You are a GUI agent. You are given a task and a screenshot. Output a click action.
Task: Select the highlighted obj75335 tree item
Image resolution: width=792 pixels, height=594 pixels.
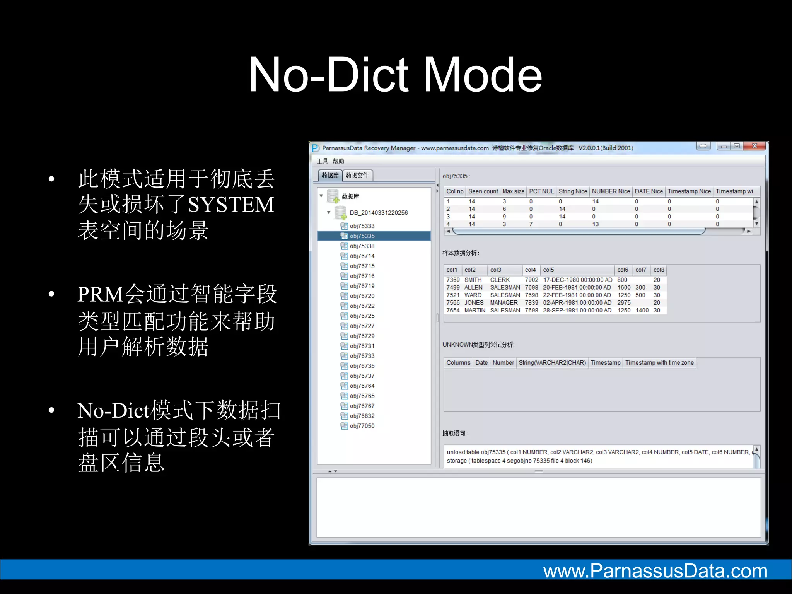pyautogui.click(x=362, y=236)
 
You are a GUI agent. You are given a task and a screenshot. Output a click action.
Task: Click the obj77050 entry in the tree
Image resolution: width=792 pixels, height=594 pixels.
pyautogui.click(x=362, y=426)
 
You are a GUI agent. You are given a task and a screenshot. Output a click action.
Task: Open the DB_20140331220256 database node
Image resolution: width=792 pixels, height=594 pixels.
pyautogui.click(x=378, y=213)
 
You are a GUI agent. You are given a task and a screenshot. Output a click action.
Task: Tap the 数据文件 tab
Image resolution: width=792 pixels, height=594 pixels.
pyautogui.click(x=357, y=176)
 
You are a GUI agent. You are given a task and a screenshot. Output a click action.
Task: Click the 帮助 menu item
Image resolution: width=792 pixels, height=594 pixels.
pyautogui.click(x=338, y=161)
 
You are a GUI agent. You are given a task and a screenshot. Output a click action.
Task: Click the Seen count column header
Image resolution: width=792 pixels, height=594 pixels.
pyautogui.click(x=483, y=191)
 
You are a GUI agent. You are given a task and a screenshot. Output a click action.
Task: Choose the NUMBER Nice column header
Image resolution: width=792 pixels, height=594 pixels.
pyautogui.click(x=611, y=191)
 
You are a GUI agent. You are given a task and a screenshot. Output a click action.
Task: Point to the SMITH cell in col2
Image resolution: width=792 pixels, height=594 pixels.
pyautogui.click(x=473, y=280)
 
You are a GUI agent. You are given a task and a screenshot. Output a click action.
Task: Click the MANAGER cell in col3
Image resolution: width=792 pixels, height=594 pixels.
pyautogui.click(x=504, y=302)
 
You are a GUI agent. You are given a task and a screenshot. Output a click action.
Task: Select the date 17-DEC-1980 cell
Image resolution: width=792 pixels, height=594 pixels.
pyautogui.click(x=577, y=280)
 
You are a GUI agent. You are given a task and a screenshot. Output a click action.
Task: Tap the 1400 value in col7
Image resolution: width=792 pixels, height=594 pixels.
pyautogui.click(x=642, y=310)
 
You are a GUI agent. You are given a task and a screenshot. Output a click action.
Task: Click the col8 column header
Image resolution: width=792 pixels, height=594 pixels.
pyautogui.click(x=659, y=270)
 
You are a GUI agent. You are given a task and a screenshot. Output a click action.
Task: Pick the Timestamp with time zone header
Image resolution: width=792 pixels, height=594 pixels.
pyautogui.click(x=659, y=363)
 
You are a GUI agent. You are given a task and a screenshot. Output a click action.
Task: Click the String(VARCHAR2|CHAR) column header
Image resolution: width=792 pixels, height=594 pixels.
pyautogui.click(x=552, y=363)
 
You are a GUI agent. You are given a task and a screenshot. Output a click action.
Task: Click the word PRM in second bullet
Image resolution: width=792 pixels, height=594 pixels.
pyautogui.click(x=100, y=294)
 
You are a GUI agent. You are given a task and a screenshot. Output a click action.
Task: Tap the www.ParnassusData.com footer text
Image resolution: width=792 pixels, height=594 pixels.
pyautogui.click(x=655, y=571)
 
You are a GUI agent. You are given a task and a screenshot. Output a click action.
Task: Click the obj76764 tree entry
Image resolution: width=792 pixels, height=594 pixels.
pyautogui.click(x=362, y=386)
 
